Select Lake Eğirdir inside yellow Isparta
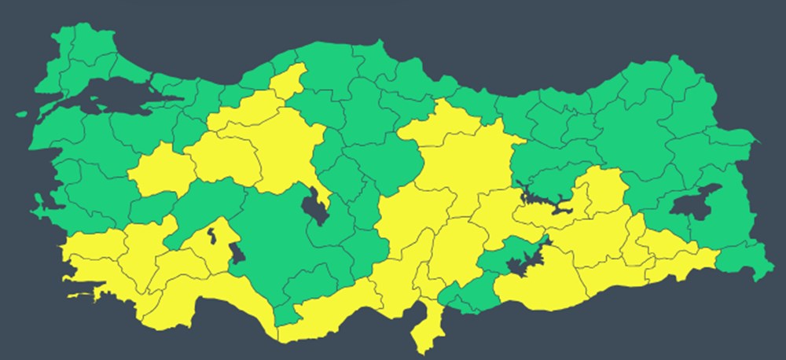(211, 234)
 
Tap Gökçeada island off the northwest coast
(24, 114)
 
